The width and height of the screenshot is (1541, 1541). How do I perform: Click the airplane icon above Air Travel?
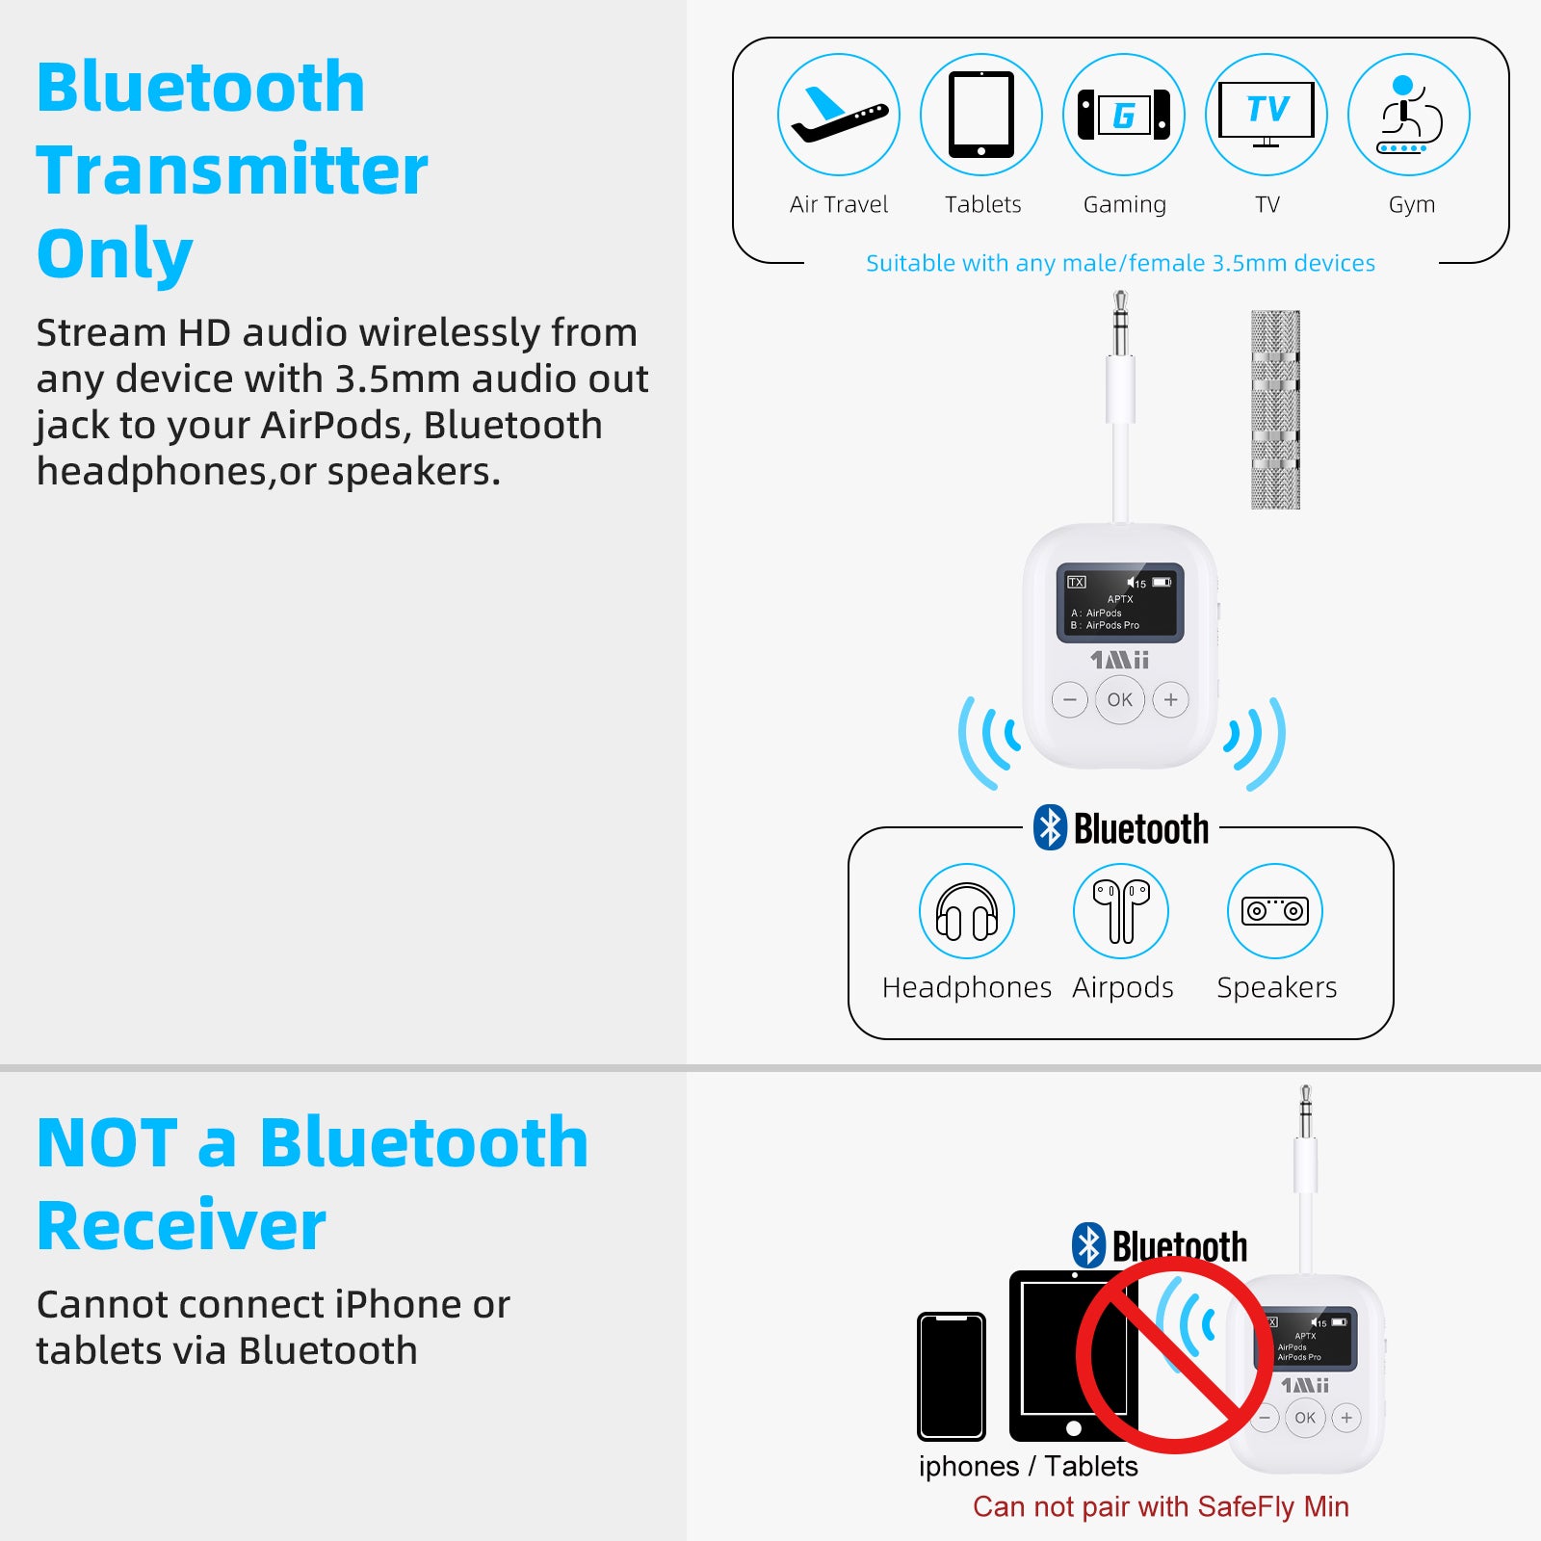click(x=839, y=115)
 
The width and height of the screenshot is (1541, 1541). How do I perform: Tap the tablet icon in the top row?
click(x=981, y=115)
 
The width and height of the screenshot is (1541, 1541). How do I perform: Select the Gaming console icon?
click(x=1124, y=115)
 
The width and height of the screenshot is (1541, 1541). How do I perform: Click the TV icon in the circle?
click(x=1267, y=114)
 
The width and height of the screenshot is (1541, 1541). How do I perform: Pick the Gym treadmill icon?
click(x=1409, y=115)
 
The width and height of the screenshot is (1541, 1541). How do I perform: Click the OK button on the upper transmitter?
click(x=1120, y=700)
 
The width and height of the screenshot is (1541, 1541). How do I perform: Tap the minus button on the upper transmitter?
click(x=1069, y=700)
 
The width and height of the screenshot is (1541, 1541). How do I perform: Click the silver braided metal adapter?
click(x=1275, y=409)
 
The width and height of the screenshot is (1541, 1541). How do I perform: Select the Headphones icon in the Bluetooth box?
click(x=967, y=911)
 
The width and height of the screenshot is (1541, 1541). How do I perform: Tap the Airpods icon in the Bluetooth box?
click(x=1121, y=911)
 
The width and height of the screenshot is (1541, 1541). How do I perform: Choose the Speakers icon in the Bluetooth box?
click(x=1275, y=911)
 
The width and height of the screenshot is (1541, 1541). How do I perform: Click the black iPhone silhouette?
click(x=952, y=1376)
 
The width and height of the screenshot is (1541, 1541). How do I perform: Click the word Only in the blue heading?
click(x=115, y=254)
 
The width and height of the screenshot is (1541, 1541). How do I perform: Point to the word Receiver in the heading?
click(x=181, y=1226)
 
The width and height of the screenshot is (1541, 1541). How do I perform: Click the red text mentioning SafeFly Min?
click(x=1161, y=1506)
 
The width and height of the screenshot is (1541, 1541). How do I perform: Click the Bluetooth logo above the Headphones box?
click(x=1050, y=827)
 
